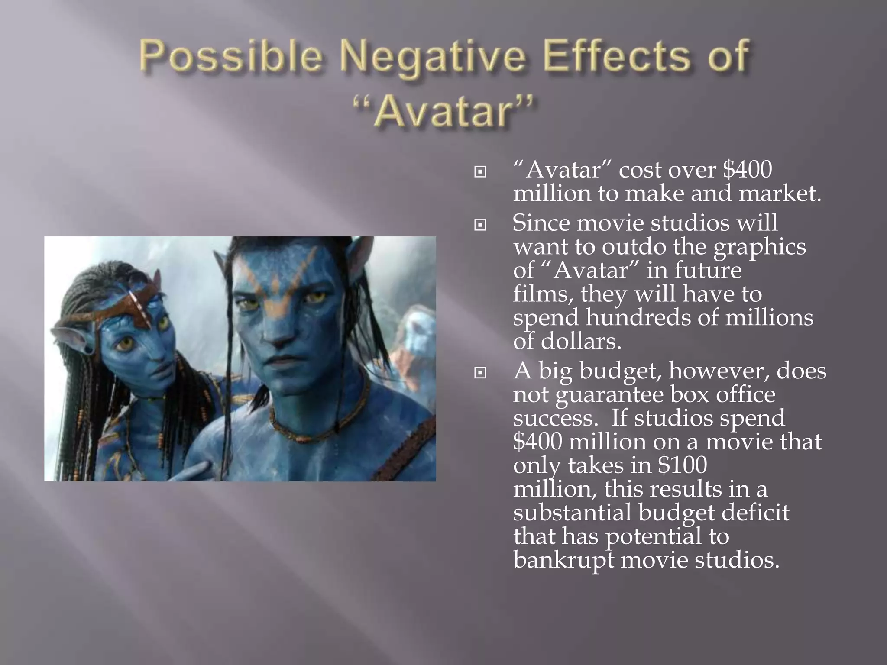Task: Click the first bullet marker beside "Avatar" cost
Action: (480, 172)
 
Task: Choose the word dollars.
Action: (581, 342)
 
